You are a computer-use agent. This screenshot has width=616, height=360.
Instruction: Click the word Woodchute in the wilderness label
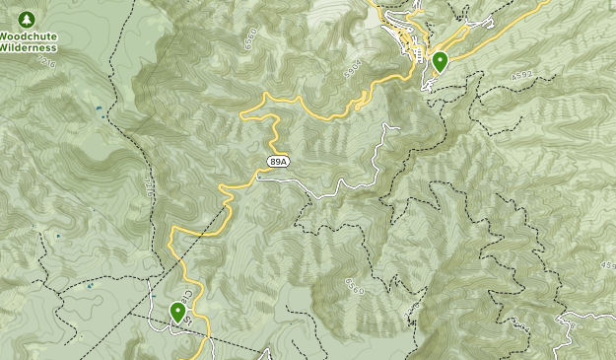tap(27, 36)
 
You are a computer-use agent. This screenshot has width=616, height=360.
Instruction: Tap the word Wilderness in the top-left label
tap(27, 46)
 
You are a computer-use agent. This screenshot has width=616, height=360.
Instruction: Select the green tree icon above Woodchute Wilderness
tap(27, 20)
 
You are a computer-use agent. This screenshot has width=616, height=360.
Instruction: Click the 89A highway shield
tap(279, 162)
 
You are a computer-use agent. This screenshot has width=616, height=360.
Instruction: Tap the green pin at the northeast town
tap(440, 61)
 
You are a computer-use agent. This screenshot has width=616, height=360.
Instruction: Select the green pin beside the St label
tap(178, 312)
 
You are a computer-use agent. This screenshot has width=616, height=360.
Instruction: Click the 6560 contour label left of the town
tap(249, 40)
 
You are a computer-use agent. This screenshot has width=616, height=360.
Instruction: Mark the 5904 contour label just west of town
tap(354, 71)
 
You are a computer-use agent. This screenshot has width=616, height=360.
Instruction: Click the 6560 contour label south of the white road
tap(354, 287)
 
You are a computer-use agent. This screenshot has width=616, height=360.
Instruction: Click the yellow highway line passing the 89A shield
tap(237, 185)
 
